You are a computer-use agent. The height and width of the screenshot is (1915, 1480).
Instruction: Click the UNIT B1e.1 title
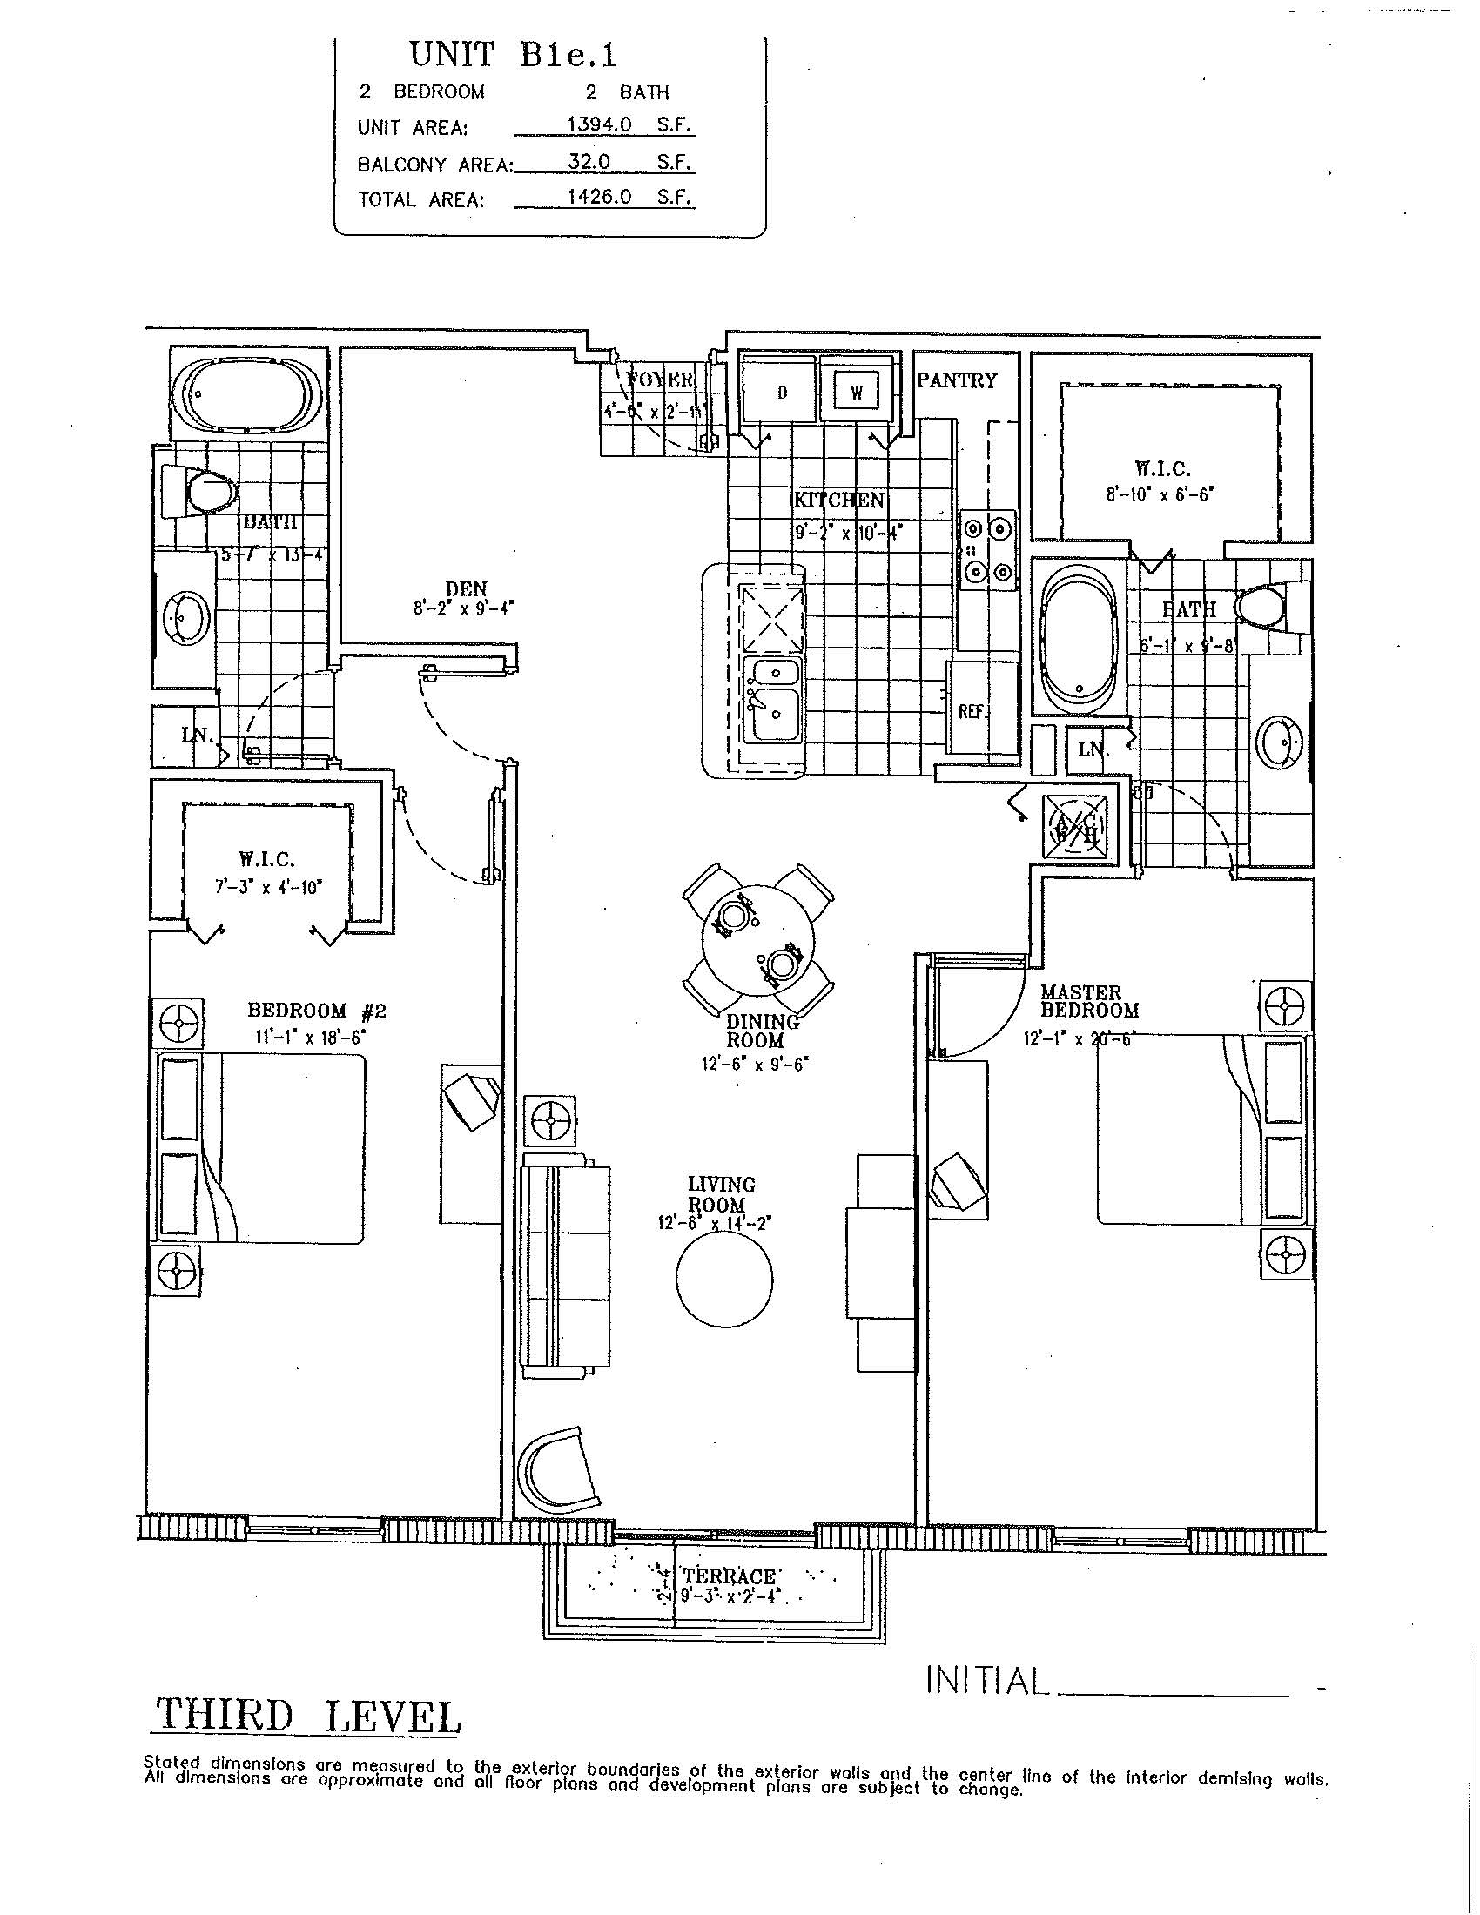coord(513,55)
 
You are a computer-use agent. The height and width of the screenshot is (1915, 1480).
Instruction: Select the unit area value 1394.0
coord(599,125)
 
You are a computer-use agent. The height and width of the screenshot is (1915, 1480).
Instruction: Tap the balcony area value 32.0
coord(589,162)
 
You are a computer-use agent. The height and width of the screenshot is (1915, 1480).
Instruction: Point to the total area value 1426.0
coord(599,198)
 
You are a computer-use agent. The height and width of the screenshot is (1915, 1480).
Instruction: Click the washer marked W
coord(857,392)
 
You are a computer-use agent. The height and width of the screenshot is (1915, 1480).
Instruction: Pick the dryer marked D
coord(781,392)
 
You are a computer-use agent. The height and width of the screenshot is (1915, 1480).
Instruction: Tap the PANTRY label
coord(957,380)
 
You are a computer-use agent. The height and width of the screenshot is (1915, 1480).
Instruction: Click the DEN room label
coord(466,588)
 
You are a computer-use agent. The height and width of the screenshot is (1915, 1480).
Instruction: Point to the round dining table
coord(758,940)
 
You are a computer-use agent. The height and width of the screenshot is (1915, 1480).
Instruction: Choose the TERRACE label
coord(730,1576)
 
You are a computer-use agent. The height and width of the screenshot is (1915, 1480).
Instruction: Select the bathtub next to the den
coord(246,394)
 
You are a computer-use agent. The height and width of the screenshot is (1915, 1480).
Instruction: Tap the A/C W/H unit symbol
coord(1076,824)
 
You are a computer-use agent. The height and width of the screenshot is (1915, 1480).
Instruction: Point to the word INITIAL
coord(987,1680)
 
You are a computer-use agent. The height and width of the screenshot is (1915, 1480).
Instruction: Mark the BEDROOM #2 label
coord(317,1011)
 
